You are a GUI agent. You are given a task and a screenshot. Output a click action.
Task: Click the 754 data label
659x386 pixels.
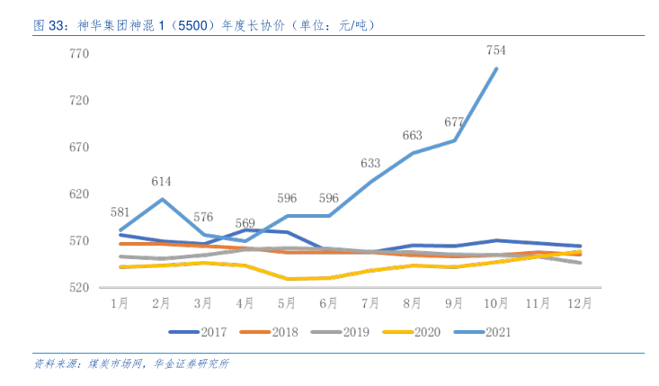coord(496,50)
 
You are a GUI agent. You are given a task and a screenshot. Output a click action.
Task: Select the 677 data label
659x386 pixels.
coord(454,122)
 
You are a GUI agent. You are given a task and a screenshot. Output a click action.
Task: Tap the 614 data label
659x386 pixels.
coord(162,181)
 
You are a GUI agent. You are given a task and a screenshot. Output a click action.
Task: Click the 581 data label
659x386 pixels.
coord(120,212)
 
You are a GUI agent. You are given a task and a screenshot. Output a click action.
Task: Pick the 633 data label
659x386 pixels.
coord(370,163)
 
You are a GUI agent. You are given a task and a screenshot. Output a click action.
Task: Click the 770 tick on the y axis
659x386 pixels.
coord(80,54)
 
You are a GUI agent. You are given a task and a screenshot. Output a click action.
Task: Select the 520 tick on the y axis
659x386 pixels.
coord(80,288)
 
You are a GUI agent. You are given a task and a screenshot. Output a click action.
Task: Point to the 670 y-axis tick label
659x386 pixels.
coord(80,148)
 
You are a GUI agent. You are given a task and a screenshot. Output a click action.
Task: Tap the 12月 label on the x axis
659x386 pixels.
coord(580,304)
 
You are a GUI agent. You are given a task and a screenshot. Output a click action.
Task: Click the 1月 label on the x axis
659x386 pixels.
coord(120,304)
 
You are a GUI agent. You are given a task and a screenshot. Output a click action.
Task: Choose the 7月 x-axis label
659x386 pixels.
coord(370,304)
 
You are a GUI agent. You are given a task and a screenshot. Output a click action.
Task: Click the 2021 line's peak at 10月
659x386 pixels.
coord(496,68)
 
